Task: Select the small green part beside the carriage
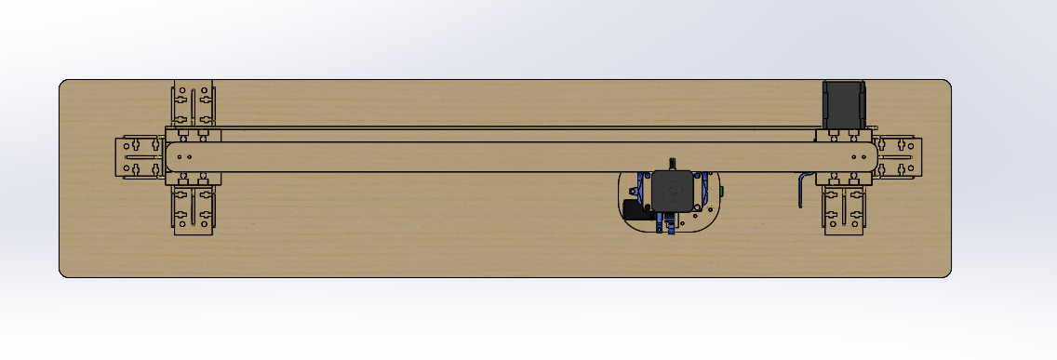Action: coord(723,190)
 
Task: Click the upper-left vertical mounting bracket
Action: coord(194,104)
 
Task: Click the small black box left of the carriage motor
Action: coord(636,210)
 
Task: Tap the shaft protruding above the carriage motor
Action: coord(673,164)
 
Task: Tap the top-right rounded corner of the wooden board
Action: coord(946,84)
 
